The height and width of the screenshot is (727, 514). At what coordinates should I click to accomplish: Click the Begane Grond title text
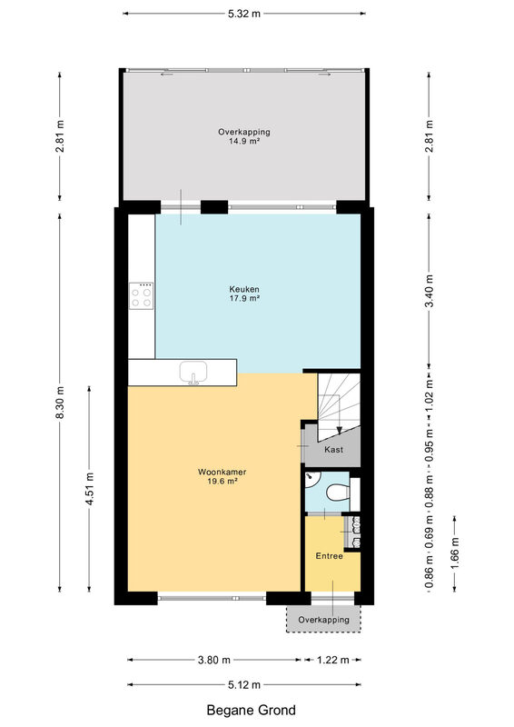tap(251, 710)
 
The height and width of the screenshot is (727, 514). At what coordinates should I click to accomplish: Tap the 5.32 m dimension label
tap(244, 14)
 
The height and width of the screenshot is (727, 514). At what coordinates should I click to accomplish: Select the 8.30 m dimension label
tap(60, 402)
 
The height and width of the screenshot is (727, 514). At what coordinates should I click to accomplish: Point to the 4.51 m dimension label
tap(90, 489)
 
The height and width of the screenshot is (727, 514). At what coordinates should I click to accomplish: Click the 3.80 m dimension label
tap(214, 660)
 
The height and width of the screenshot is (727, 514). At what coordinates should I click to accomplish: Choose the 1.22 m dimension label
tap(332, 660)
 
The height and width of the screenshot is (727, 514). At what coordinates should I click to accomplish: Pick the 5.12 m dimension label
tap(243, 684)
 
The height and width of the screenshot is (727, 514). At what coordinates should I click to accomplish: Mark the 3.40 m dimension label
tap(430, 291)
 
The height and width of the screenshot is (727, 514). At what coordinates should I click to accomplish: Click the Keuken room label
tap(244, 289)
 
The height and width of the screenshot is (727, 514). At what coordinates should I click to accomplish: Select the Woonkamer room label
tap(222, 472)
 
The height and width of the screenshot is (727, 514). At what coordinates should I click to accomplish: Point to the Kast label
tap(333, 449)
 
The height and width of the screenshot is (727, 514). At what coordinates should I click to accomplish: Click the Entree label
tap(329, 556)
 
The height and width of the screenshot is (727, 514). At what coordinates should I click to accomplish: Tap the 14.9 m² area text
tap(243, 142)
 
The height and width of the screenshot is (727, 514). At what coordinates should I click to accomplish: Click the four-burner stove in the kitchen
tap(142, 296)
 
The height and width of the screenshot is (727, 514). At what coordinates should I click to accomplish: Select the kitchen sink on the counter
tap(193, 373)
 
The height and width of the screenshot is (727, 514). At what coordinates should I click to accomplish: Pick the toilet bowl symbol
tap(338, 493)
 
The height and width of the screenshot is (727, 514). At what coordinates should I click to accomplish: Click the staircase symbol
tap(339, 406)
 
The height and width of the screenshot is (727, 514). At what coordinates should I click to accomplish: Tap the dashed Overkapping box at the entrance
tap(323, 619)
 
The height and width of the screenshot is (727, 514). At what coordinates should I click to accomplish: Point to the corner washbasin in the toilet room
tap(311, 480)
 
